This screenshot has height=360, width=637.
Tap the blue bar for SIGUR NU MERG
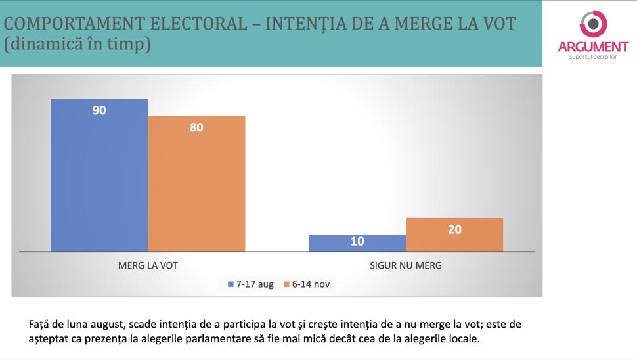[x=357, y=243]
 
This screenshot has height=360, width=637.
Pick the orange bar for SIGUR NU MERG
[x=454, y=235]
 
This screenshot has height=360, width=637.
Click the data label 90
[x=99, y=110]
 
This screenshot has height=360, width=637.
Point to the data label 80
[x=196, y=127]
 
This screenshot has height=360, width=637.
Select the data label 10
[x=357, y=242]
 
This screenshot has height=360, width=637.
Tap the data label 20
[x=454, y=229]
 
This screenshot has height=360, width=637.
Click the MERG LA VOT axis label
[x=148, y=266]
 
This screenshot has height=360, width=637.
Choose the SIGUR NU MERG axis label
[x=406, y=266]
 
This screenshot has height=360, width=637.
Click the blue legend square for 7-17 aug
[x=231, y=285]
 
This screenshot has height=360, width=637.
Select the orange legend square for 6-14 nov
[x=286, y=285]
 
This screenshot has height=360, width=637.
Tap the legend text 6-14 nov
[x=311, y=285]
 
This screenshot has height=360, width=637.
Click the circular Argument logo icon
[x=593, y=24]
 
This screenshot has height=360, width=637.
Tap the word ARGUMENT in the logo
[x=593, y=47]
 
